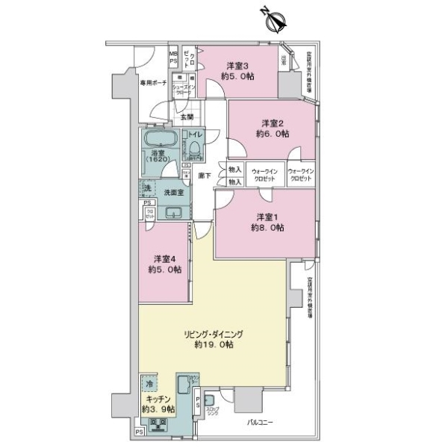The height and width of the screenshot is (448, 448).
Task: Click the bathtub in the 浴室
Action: [159, 142]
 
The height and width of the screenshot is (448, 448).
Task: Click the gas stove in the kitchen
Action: [161, 426]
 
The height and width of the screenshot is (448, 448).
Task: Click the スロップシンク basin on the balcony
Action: [208, 400]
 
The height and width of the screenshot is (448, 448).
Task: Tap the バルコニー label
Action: [261, 423]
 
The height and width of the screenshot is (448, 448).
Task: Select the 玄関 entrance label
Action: [186, 117]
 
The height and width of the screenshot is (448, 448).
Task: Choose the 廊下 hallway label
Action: [204, 175]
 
